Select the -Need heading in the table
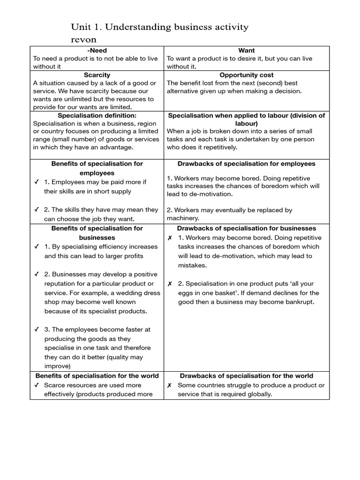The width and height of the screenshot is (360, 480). (97, 51)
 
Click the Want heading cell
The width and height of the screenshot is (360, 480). (246, 51)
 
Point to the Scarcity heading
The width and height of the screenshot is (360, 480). (97, 75)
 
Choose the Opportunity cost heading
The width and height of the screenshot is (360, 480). (246, 75)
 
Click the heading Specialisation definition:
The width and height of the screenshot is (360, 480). (97, 115)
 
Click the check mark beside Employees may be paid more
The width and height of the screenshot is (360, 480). (37, 182)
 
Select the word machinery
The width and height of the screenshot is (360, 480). (183, 218)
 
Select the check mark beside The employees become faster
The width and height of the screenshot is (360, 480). (37, 330)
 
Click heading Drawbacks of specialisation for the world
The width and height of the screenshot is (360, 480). (246, 376)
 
